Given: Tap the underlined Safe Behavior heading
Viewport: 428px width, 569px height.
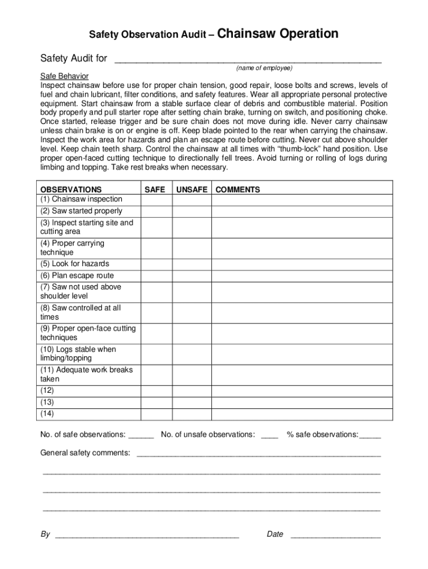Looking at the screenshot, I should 64,76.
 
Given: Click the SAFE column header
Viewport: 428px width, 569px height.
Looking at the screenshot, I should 155,189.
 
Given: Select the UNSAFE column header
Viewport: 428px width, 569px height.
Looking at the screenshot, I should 192,189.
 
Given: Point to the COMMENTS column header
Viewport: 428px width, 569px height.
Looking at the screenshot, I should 237,189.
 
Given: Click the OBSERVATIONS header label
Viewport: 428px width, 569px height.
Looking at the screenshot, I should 71,189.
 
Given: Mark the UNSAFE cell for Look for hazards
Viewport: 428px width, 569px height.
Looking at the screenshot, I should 192,264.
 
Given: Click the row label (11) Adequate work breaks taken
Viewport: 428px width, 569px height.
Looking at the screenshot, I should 87,375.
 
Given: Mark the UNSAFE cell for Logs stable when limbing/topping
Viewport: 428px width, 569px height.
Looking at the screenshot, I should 192,354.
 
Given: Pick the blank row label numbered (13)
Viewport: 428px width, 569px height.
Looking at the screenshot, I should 47,402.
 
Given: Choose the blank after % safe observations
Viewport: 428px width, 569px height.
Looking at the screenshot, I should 370,435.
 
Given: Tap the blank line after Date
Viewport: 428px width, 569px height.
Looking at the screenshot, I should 336,535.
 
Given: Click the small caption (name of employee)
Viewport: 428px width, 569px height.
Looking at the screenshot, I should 264,68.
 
